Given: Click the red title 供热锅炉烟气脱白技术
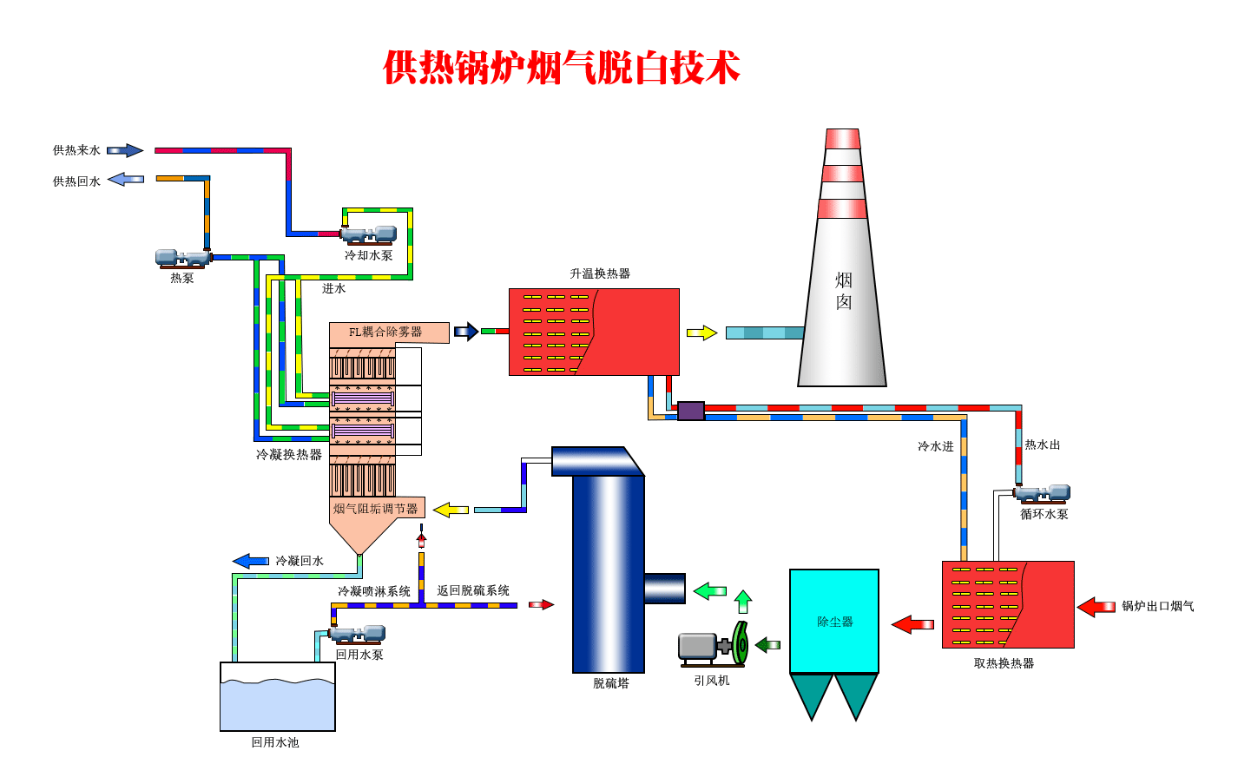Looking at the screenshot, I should click(561, 68).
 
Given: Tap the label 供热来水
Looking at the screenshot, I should click(76, 150).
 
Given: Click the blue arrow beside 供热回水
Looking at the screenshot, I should click(126, 180).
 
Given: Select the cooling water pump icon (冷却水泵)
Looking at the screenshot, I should click(369, 234).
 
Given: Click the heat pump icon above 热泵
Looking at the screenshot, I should click(182, 258).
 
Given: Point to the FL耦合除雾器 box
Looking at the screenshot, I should click(388, 333).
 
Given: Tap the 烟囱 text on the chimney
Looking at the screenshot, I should click(843, 291).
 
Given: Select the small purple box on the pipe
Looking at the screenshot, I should click(690, 411).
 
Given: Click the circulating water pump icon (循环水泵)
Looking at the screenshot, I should click(1044, 494).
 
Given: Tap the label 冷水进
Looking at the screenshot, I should click(935, 446).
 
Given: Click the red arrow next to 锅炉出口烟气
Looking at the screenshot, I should click(1096, 607).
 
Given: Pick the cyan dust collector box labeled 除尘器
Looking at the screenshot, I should click(834, 621).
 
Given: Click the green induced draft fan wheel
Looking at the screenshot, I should click(741, 643).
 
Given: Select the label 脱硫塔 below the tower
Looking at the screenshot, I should click(610, 683).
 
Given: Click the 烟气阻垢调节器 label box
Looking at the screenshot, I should click(376, 509).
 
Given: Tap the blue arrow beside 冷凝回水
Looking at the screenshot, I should click(251, 561).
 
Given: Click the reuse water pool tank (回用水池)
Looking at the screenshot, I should click(277, 697).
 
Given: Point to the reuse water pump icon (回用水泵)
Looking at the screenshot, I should click(359, 634).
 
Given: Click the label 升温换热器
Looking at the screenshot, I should click(600, 273).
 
